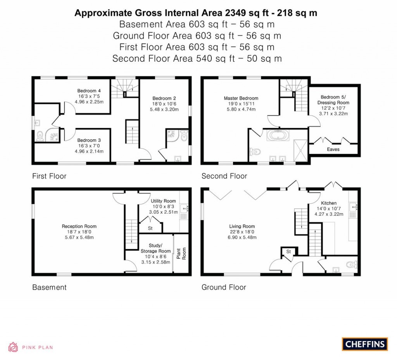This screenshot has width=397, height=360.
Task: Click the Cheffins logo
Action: (364, 344)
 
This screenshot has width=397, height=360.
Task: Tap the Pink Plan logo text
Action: (37, 348)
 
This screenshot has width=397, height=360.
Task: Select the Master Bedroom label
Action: (241, 98)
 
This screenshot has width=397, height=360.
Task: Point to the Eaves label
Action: (333, 149)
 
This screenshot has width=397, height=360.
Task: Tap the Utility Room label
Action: (163, 201)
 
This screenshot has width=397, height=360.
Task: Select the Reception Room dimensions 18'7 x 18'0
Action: (79, 232)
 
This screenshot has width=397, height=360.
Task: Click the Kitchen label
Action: (329, 203)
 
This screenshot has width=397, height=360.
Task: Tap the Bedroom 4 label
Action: (86, 91)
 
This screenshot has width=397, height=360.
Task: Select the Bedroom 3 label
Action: (86, 140)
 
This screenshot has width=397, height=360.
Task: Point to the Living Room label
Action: (242, 226)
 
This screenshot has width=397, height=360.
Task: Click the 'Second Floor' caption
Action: (224, 176)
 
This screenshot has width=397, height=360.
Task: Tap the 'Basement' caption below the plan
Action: (49, 287)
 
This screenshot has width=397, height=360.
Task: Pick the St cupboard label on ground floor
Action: (288, 252)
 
